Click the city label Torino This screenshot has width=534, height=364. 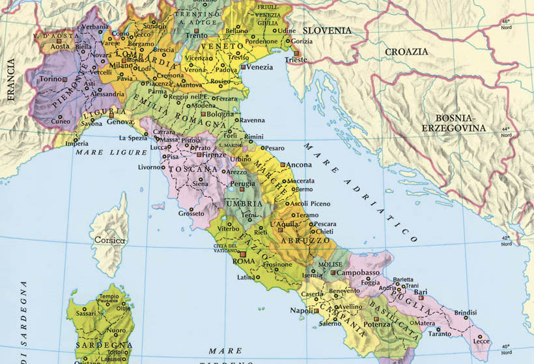pos(51,79)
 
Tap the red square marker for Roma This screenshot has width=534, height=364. pos(242,254)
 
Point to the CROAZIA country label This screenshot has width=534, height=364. pos(406,51)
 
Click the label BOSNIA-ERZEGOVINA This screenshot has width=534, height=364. pos(454,123)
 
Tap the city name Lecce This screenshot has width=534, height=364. pos(481,341)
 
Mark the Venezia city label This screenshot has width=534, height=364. pos(260,67)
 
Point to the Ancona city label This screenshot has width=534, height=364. pos(298,164)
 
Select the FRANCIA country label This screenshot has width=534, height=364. pos(10,79)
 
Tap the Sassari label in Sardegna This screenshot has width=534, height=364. pos(85,313)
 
